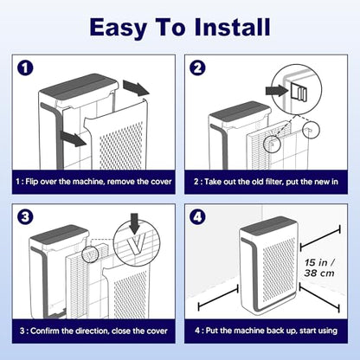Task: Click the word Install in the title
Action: (x=232, y=27)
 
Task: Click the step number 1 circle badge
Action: (x=25, y=68)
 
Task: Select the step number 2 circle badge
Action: (x=197, y=68)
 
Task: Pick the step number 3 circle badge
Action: (x=25, y=216)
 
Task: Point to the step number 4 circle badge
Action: (x=197, y=216)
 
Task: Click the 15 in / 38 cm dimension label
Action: (x=319, y=267)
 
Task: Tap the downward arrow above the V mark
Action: (x=135, y=223)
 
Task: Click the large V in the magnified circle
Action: (x=137, y=244)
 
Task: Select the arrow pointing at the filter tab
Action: (x=277, y=91)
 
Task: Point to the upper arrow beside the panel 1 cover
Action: (x=136, y=88)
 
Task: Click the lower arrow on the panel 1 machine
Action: (x=73, y=138)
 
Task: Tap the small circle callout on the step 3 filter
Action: (x=90, y=254)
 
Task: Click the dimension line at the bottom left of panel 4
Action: (x=218, y=298)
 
